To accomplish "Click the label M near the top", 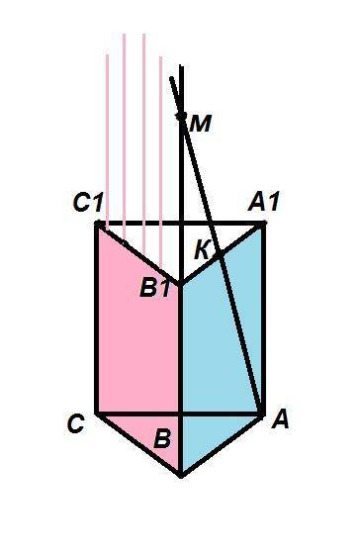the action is (201, 124).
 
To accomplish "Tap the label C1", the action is (88, 203).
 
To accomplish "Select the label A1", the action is (263, 202).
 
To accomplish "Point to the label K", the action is (202, 250).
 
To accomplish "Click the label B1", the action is (154, 287).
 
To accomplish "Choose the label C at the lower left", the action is (75, 423).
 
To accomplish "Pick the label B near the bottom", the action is (162, 439).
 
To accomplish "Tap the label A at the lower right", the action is (281, 420).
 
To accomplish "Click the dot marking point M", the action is (182, 116).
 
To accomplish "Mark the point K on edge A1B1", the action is (220, 254).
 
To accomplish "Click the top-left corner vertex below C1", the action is (98, 224).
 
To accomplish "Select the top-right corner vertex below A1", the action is (263, 223).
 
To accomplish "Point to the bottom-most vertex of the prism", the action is (181, 476).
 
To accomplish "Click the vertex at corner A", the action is (262, 414).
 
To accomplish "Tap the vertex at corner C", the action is (97, 413).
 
